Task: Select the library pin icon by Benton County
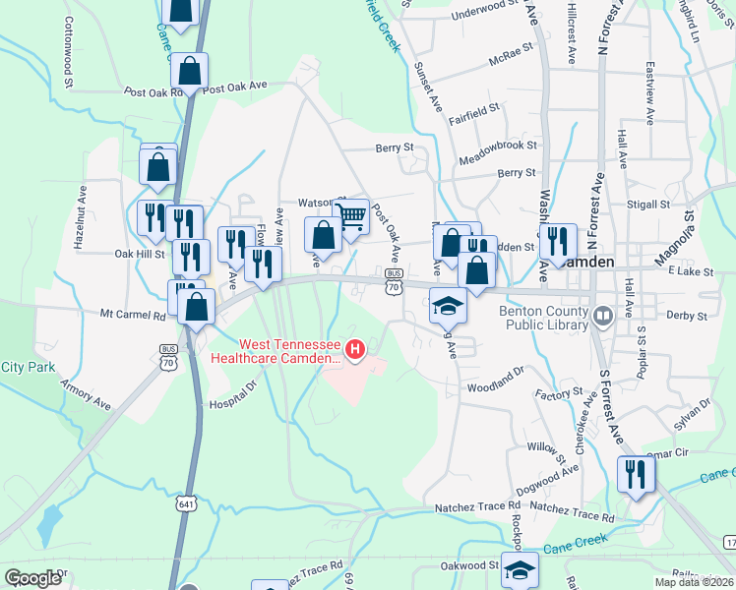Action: [603, 316]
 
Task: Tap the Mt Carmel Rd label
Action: [133, 316]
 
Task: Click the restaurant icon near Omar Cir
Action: [635, 474]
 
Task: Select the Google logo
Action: [32, 577]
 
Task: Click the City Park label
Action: [28, 367]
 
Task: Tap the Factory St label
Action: [560, 394]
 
